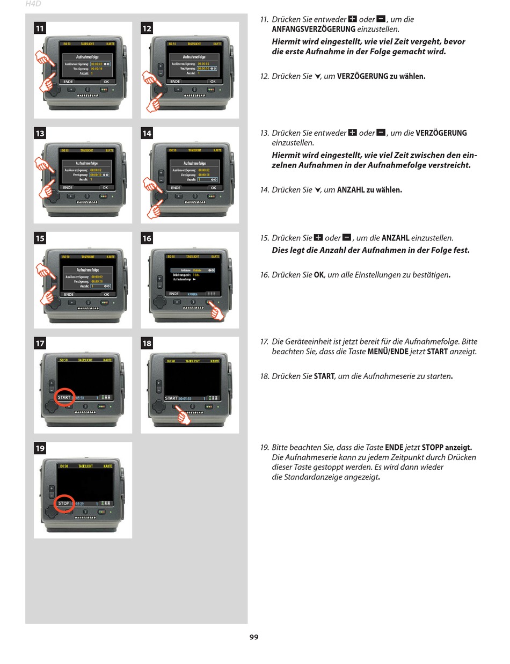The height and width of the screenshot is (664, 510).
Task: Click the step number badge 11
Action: (40, 28)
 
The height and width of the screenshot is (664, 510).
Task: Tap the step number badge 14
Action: (147, 134)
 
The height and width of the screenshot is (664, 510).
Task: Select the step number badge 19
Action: (40, 448)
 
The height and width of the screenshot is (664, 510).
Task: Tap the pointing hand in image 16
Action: (215, 312)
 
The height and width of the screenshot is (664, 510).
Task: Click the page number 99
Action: (254, 637)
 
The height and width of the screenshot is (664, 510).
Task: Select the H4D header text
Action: (33, 4)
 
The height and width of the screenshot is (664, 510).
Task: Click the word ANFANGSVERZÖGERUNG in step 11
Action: (314, 29)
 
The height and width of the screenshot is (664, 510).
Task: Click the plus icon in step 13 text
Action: (353, 133)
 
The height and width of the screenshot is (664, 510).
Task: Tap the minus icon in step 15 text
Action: (347, 237)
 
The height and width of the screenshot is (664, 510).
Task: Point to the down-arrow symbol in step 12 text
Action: (318, 77)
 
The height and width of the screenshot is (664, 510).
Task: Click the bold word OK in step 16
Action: (319, 275)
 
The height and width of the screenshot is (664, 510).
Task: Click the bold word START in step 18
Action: (324, 376)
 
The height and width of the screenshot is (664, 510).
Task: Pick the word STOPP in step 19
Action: (433, 448)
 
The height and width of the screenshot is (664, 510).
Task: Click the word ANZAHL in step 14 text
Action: (352, 190)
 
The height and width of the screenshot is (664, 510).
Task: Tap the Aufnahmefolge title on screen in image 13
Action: (86, 163)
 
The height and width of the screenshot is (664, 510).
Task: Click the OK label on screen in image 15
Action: (106, 294)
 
